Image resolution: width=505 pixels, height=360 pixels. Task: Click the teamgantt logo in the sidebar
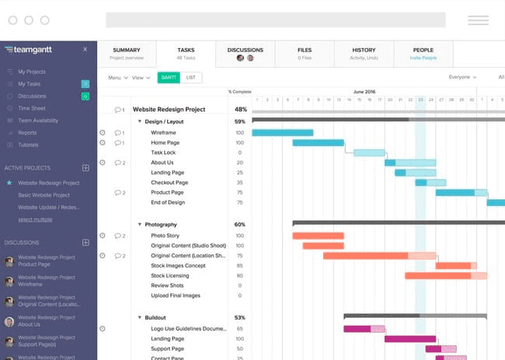click(x=30, y=49)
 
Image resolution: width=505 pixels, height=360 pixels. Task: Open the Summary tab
click(x=126, y=51)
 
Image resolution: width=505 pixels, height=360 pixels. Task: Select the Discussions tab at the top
click(x=245, y=51)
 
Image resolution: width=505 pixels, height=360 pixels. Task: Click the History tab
click(x=363, y=51)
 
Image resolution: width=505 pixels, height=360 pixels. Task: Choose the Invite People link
click(x=423, y=58)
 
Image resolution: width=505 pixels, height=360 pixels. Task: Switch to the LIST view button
click(x=190, y=77)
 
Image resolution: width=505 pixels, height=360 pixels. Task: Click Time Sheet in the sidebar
click(x=32, y=108)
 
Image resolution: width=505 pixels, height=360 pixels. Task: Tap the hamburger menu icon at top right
click(x=478, y=20)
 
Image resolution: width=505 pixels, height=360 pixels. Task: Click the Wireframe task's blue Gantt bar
click(x=282, y=133)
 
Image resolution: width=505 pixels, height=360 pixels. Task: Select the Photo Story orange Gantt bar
click(x=318, y=236)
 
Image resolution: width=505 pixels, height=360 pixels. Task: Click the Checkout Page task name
click(x=169, y=183)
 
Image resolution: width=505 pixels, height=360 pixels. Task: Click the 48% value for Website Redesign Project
click(x=240, y=110)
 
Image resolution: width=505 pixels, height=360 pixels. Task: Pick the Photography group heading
click(x=161, y=225)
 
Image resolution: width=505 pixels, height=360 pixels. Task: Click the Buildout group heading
click(x=155, y=317)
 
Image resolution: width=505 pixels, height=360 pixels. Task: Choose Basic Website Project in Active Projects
click(x=44, y=195)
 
